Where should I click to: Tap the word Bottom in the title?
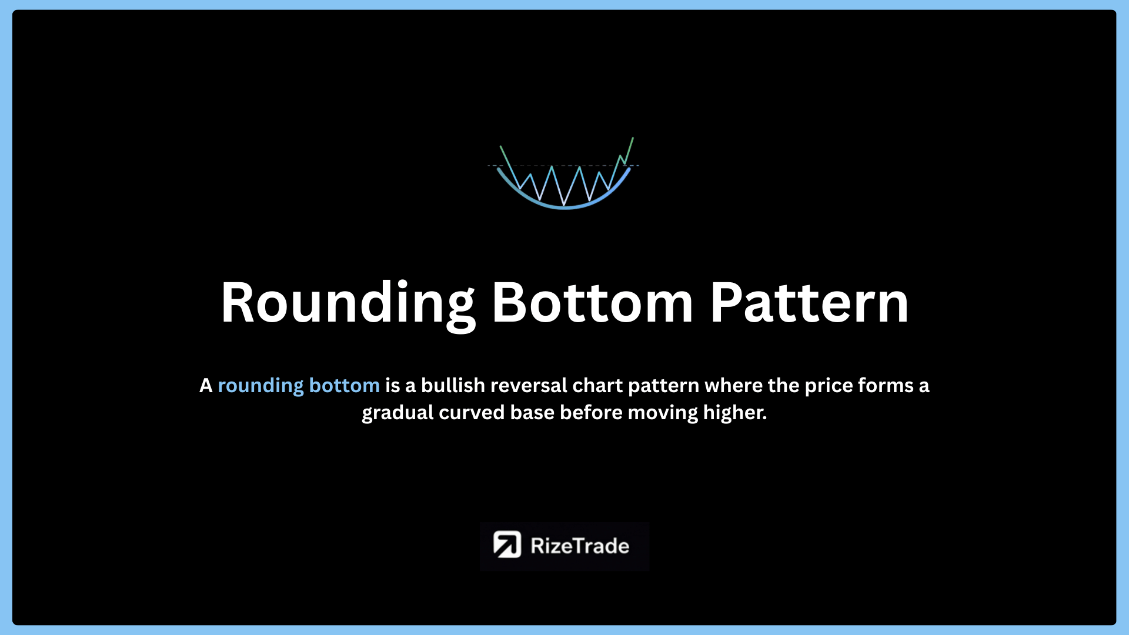(593, 302)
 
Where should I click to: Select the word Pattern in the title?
(809, 302)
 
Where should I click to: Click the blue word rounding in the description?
(261, 386)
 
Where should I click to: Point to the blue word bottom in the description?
(345, 385)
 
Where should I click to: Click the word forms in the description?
(886, 385)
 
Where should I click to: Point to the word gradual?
(398, 413)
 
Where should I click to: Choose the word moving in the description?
(663, 413)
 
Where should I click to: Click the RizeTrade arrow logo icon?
(507, 544)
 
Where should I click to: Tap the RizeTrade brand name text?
(580, 546)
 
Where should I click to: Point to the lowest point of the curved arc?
(564, 208)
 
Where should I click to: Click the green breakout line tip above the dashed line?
(633, 138)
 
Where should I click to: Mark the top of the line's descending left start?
(500, 146)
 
